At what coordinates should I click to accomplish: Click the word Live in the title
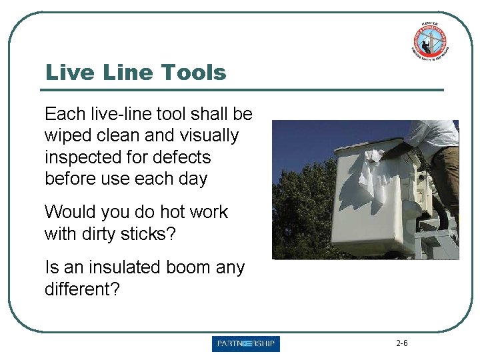click(x=67, y=72)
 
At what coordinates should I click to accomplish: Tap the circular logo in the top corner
click(x=429, y=41)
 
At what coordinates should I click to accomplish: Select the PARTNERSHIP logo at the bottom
click(x=246, y=344)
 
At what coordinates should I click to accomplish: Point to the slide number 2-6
click(x=401, y=344)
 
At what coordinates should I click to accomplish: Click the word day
click(x=193, y=179)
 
